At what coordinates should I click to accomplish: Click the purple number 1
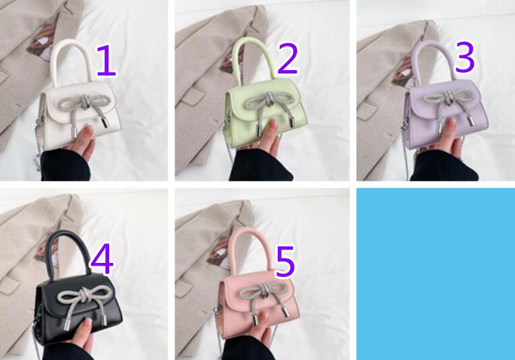[x=106, y=61]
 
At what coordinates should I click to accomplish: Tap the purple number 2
[x=288, y=59]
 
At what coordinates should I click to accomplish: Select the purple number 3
[x=464, y=57]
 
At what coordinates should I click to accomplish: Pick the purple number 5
[x=285, y=262]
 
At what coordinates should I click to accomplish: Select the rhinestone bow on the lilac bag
[x=448, y=103]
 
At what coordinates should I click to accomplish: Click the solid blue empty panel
[x=435, y=274]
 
